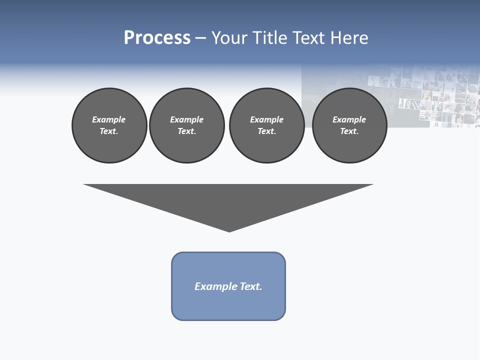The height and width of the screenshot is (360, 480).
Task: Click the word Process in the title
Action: pyautogui.click(x=157, y=38)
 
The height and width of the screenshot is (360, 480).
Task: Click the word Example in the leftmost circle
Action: pyautogui.click(x=109, y=119)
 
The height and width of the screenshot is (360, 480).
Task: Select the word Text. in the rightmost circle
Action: pyautogui.click(x=349, y=131)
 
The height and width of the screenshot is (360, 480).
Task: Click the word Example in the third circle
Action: pyautogui.click(x=266, y=119)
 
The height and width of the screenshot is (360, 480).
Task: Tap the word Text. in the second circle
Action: pyautogui.click(x=187, y=131)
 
